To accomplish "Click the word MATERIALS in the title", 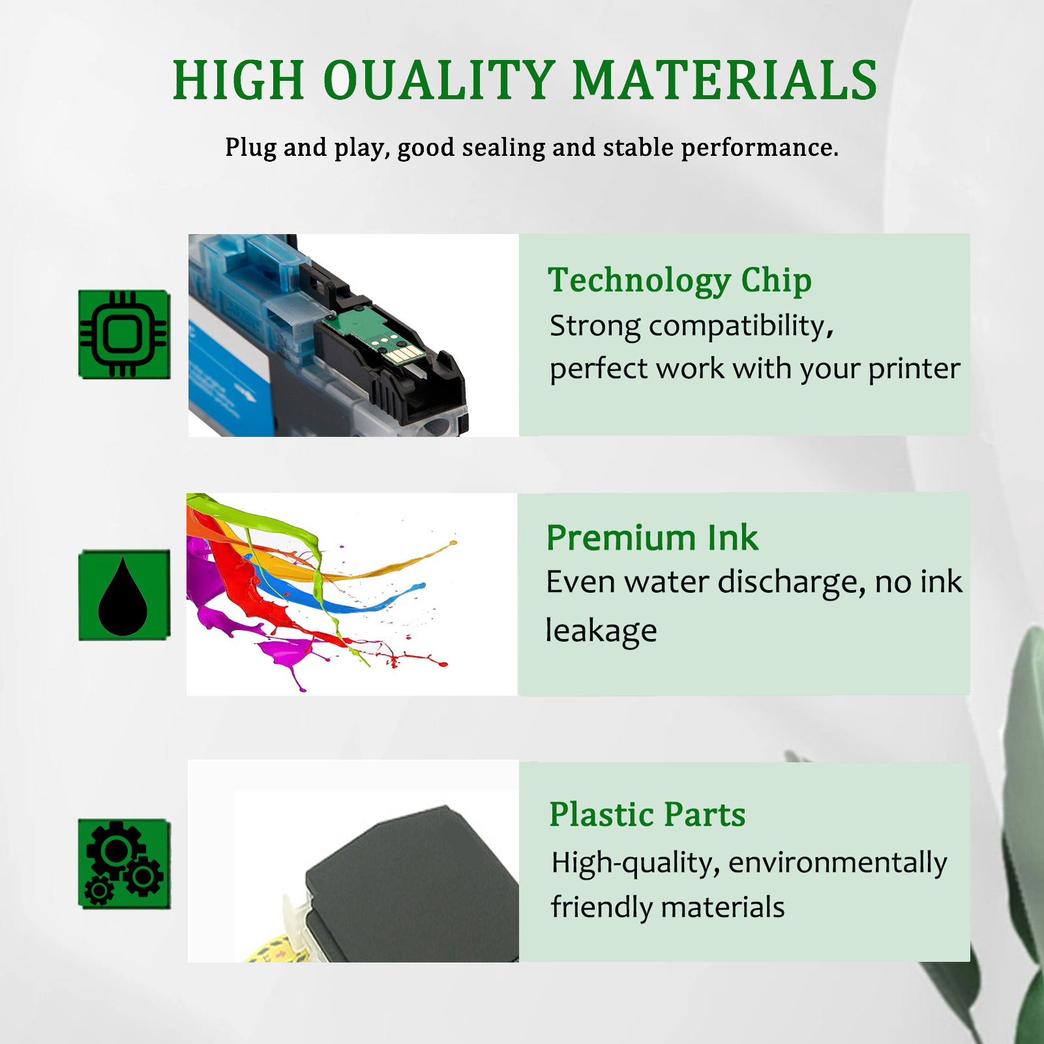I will click(x=724, y=81).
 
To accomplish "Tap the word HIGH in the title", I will click(x=239, y=81).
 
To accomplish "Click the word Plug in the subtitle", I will click(x=250, y=148).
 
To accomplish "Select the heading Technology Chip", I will click(x=679, y=281).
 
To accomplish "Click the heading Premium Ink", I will click(x=652, y=539).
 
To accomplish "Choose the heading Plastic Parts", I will click(x=647, y=814).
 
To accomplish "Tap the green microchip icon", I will click(x=124, y=335).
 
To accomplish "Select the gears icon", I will click(x=124, y=863).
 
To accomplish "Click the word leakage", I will click(x=601, y=631).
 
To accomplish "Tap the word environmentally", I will click(x=837, y=863).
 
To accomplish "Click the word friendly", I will click(x=600, y=908).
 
